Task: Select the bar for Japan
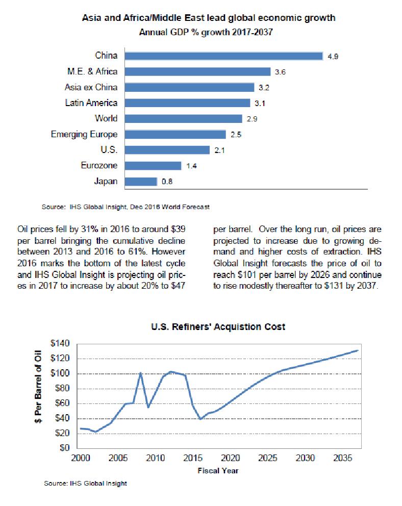(141, 182)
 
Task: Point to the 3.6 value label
(280, 72)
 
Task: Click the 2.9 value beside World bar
(251, 119)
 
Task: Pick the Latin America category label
(91, 103)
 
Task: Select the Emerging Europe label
(84, 135)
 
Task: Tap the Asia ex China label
(91, 87)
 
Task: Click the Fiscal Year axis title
(218, 470)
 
